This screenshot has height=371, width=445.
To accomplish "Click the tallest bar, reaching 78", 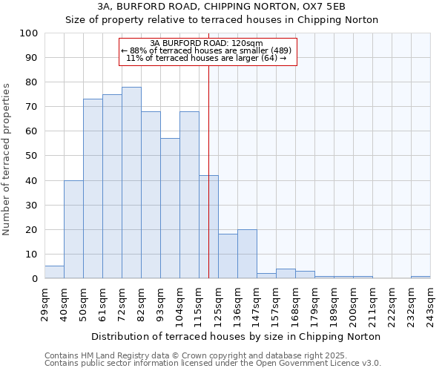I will (x=131, y=183).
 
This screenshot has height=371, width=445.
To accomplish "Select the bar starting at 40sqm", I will (x=73, y=229).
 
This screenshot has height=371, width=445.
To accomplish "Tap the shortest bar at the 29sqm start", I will (x=54, y=272).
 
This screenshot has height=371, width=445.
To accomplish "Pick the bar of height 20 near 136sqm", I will (x=247, y=254).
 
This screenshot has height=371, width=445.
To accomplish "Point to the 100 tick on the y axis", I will (x=28, y=33).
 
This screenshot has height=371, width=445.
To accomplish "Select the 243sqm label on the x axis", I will (x=430, y=304).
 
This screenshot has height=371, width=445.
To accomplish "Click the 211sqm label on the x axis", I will (x=372, y=304).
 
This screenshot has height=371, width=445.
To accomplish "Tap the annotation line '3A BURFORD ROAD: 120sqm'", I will (x=206, y=43).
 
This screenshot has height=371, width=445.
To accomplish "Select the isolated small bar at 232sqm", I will (x=421, y=277).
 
